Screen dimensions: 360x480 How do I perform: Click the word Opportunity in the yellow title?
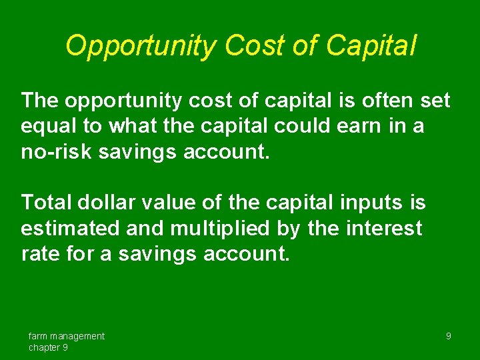(x=141, y=47)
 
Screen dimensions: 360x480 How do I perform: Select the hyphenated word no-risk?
(x=57, y=151)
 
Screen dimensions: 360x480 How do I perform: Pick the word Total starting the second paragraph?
(x=47, y=201)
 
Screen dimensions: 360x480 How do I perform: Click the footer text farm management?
(x=66, y=336)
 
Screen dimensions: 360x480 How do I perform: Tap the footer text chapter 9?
(x=48, y=347)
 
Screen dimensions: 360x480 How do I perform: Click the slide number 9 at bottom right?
(x=448, y=336)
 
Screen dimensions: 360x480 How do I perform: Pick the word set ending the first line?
(x=436, y=101)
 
